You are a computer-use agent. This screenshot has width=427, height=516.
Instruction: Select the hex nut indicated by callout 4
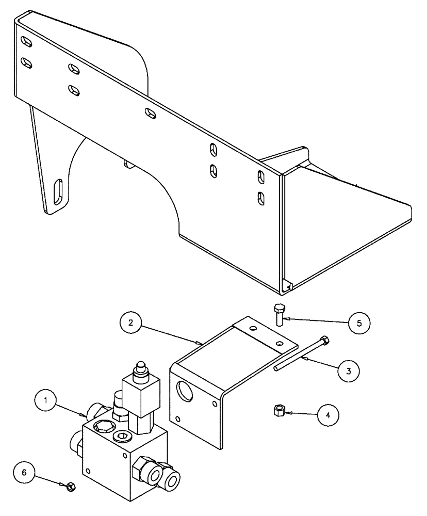click(278, 411)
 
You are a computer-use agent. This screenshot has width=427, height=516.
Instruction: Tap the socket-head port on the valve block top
click(124, 438)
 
